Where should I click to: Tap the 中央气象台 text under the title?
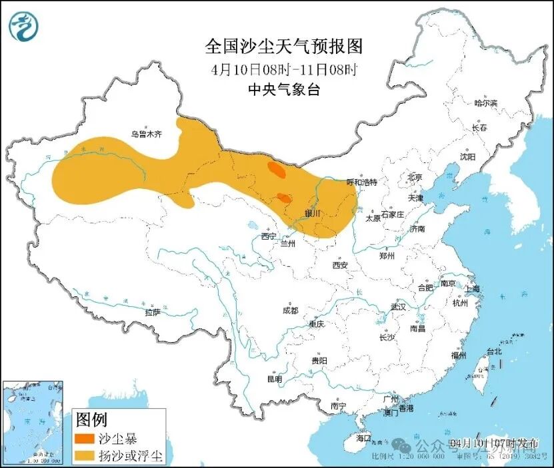[x=283, y=90]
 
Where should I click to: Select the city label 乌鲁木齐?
[x=146, y=134]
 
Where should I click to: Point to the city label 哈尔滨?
[x=485, y=103]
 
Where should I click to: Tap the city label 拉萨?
[x=152, y=312]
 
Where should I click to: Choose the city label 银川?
[x=313, y=214]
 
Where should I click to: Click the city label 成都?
[x=290, y=310]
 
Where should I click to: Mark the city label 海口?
[x=363, y=439]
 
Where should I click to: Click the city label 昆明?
[x=275, y=379]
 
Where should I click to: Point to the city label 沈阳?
[x=467, y=157]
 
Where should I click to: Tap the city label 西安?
[x=340, y=265]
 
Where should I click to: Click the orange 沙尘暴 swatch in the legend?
[x=85, y=439]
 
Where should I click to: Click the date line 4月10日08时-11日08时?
[x=283, y=69]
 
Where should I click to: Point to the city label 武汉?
[x=399, y=308]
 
